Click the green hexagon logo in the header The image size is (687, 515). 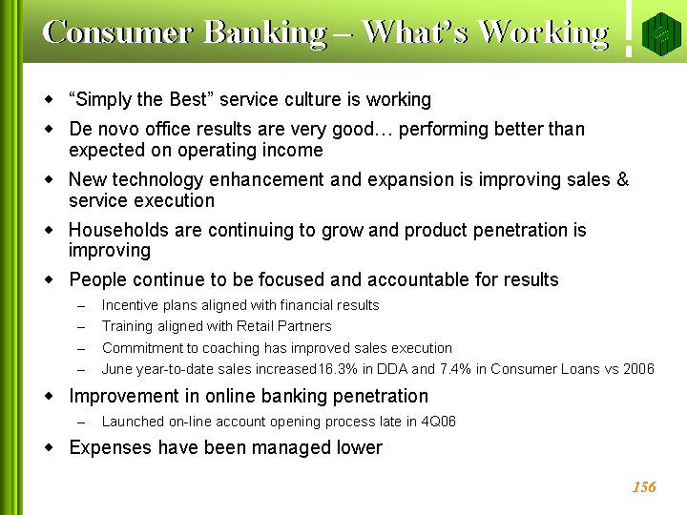pyautogui.click(x=661, y=33)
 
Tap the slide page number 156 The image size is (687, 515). pyautogui.click(x=644, y=487)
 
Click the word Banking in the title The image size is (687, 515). pyautogui.click(x=265, y=33)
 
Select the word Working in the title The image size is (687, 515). pyautogui.click(x=543, y=33)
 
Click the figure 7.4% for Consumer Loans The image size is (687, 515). pyautogui.click(x=455, y=369)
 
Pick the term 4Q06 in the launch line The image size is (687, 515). pyautogui.click(x=438, y=422)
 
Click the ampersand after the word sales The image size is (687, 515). pyautogui.click(x=622, y=179)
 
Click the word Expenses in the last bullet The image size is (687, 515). pyautogui.click(x=111, y=447)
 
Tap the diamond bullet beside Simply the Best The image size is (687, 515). pyautogui.click(x=49, y=99)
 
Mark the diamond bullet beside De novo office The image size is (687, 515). pyautogui.click(x=49, y=129)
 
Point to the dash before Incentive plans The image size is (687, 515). pyautogui.click(x=80, y=306)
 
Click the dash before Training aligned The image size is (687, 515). pyautogui.click(x=80, y=327)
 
